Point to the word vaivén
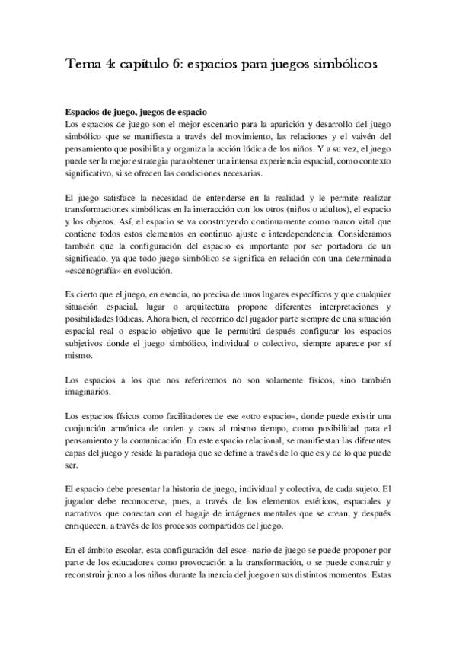click(375, 136)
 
